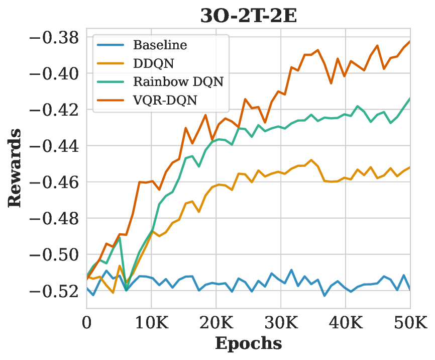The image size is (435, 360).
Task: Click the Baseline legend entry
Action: click(x=160, y=45)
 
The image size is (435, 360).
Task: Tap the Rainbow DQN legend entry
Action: click(x=178, y=81)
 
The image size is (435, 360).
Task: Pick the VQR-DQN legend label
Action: click(x=165, y=100)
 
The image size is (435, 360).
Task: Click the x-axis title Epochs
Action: click(x=248, y=344)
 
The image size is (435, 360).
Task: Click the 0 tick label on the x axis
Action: click(x=86, y=321)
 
